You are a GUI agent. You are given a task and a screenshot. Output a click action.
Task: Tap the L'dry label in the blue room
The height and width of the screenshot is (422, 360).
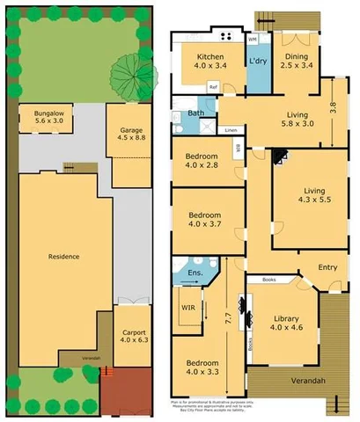pyautogui.click(x=258, y=61)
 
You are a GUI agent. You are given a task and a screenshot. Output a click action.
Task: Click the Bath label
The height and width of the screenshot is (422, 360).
pyautogui.click(x=195, y=113)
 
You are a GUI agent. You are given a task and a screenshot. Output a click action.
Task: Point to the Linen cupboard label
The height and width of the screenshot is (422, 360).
pyautogui.click(x=231, y=130)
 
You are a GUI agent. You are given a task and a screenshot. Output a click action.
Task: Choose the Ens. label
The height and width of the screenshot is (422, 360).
pyautogui.click(x=195, y=274)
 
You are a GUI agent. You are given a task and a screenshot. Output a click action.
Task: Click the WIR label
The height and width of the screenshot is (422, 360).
pyautogui.click(x=187, y=308)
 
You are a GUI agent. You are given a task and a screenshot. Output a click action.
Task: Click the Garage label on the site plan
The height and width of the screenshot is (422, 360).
pyautogui.click(x=130, y=130)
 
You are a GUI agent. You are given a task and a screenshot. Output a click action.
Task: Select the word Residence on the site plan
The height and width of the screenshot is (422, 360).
pyautogui.click(x=63, y=257)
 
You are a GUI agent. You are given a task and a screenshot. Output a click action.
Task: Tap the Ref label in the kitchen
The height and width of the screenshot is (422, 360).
pyautogui.click(x=213, y=86)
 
